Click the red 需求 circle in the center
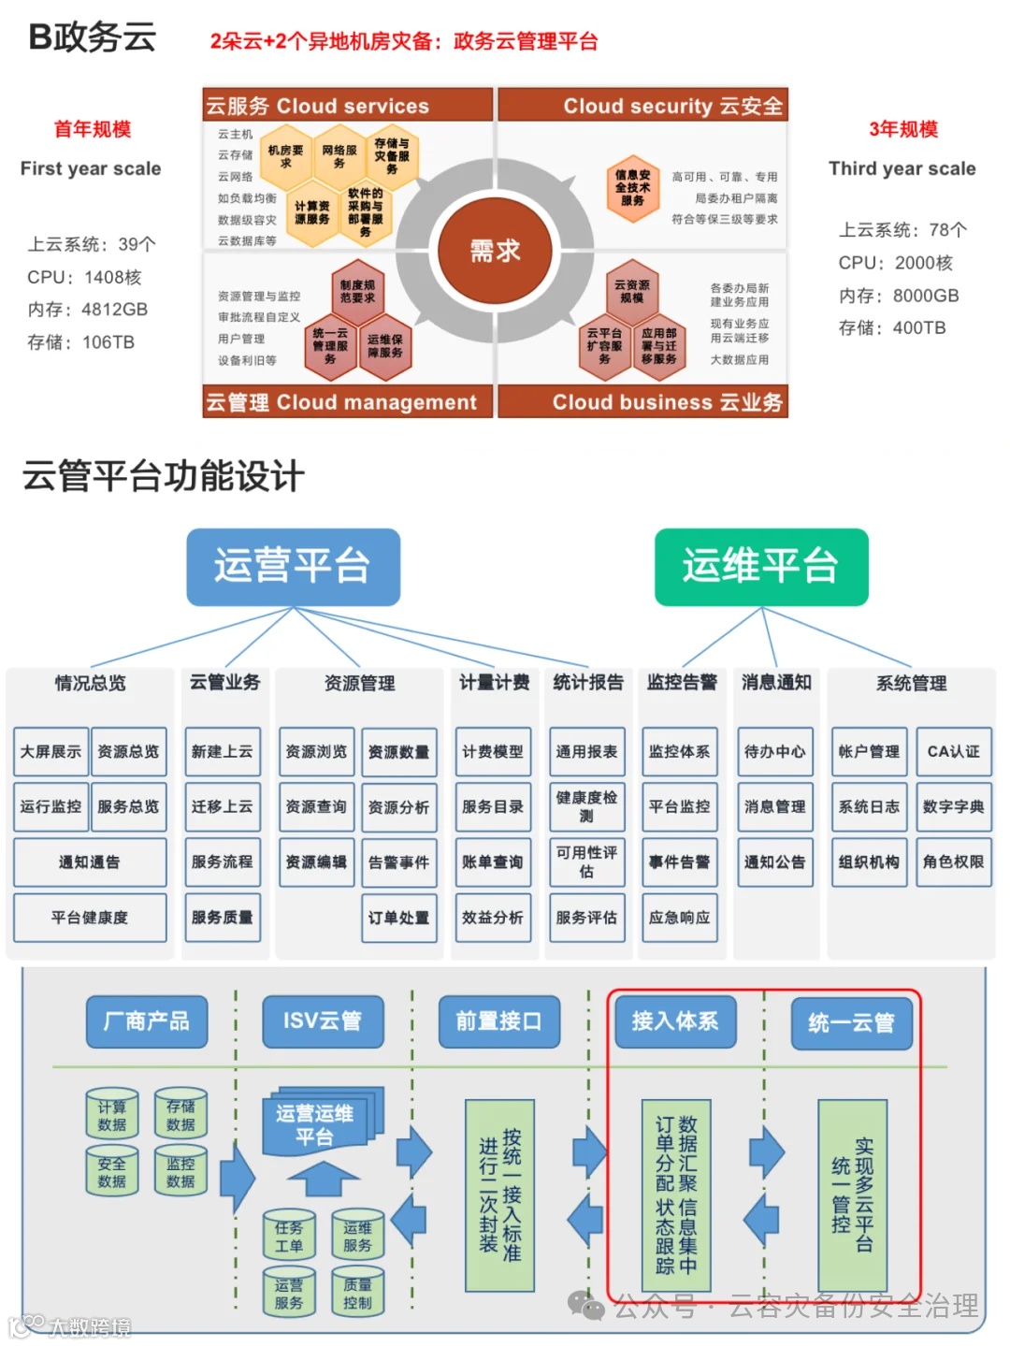point(495,251)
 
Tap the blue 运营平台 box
point(293,567)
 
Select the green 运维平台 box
point(760,567)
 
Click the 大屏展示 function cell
point(51,752)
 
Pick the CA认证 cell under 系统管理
point(953,752)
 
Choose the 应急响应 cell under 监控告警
point(679,918)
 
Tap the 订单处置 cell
point(399,918)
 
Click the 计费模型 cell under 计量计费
point(493,752)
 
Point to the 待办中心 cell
point(774,752)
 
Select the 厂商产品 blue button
point(147,1021)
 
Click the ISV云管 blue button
point(323,1021)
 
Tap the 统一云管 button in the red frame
point(851,1022)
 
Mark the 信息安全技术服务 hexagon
point(633,187)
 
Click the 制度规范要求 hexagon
point(357,291)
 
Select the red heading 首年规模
point(92,129)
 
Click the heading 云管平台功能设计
point(164,476)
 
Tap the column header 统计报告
point(588,683)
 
